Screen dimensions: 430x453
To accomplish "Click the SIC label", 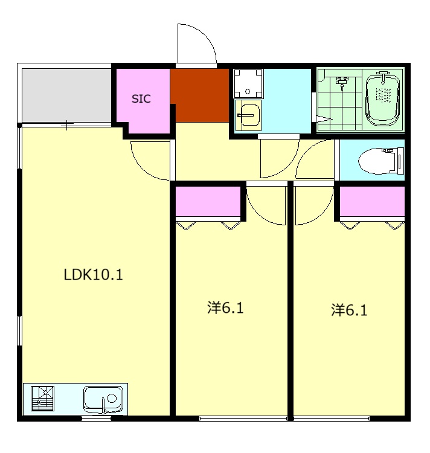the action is pyautogui.click(x=141, y=99).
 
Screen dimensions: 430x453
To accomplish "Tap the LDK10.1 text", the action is pyautogui.click(x=93, y=274).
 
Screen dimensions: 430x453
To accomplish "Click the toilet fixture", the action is pyautogui.click(x=381, y=161).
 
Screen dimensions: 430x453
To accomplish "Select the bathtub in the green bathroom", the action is pyautogui.click(x=383, y=99).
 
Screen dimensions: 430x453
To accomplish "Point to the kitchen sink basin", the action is pyautogui.click(x=103, y=399).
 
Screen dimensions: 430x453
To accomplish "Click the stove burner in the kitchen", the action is pyautogui.click(x=42, y=399).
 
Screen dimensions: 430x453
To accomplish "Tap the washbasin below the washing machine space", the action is pyautogui.click(x=248, y=115).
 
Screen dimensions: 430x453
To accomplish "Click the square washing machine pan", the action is pyautogui.click(x=248, y=83).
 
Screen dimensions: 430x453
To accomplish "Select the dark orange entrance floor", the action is pyautogui.click(x=199, y=95).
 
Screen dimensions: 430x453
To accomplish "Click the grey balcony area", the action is pyautogui.click(x=66, y=95).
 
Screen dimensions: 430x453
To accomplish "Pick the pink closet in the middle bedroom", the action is pyautogui.click(x=208, y=201).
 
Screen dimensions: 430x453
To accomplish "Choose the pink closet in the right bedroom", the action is pyautogui.click(x=372, y=201).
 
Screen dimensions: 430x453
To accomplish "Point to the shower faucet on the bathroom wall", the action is pyautogui.click(x=342, y=82).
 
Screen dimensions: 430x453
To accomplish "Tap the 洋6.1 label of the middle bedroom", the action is pyautogui.click(x=225, y=307).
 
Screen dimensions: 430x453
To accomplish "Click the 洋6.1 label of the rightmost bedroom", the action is pyautogui.click(x=349, y=310).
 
